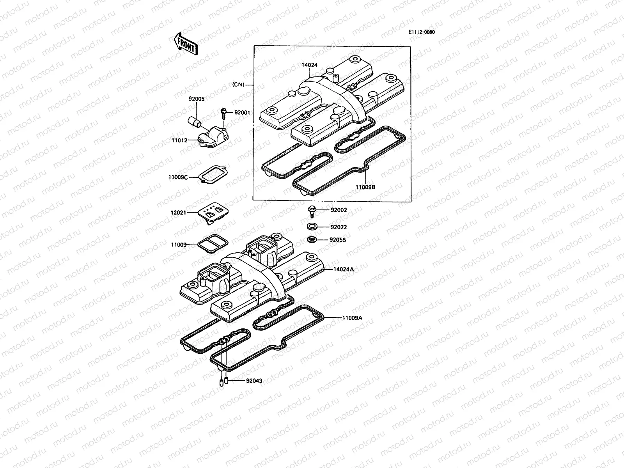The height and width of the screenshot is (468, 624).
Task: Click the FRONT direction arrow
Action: (x=185, y=43)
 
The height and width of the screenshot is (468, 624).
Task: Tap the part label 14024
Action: (x=309, y=65)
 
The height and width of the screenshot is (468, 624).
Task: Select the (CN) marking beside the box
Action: (x=238, y=85)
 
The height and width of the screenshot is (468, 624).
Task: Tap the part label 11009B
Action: (x=365, y=187)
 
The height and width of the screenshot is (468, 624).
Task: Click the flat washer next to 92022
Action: (x=312, y=227)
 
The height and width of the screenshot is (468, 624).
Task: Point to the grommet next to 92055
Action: (x=312, y=239)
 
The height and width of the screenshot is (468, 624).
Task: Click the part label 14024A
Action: (x=344, y=269)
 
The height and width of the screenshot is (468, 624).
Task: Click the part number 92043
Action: (x=254, y=381)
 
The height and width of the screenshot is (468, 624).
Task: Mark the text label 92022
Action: (x=339, y=227)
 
